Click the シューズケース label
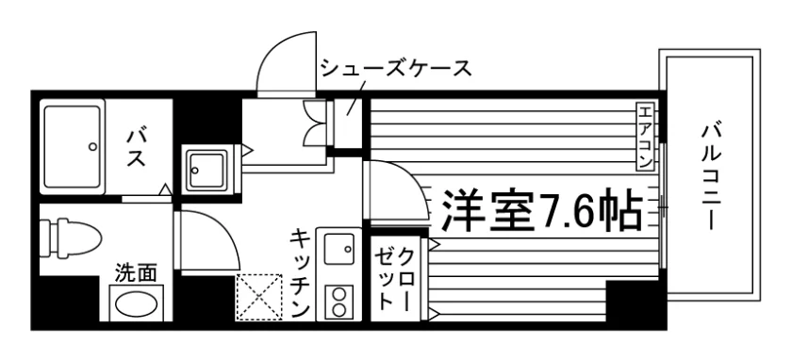pyautogui.click(x=397, y=68)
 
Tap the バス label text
pyautogui.click(x=136, y=147)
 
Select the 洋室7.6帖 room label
pyautogui.click(x=542, y=210)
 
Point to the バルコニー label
pyautogui.click(x=710, y=177)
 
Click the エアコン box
pyautogui.click(x=644, y=136)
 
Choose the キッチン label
pyautogui.click(x=300, y=272)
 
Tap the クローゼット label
pyautogui.click(x=393, y=279)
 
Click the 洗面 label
pyautogui.click(x=136, y=273)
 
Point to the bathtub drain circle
pyautogui.click(x=92, y=147)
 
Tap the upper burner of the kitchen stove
pyautogui.click(x=338, y=293)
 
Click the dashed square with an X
pyautogui.click(x=259, y=297)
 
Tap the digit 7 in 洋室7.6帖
pyautogui.click(x=549, y=211)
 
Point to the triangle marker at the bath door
pyautogui.click(x=165, y=189)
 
